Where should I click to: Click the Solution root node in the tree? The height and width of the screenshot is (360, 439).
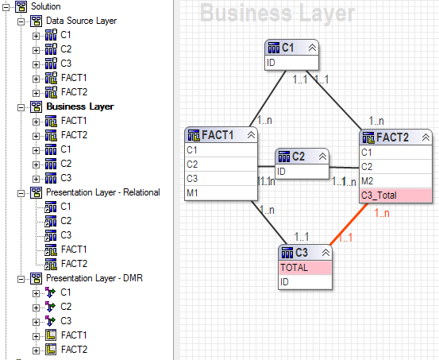tap(44, 6)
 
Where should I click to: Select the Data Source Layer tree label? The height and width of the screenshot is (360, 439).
tap(81, 21)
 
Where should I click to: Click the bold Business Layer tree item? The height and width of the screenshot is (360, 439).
tap(80, 106)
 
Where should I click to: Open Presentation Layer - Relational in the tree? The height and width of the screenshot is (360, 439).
tap(103, 192)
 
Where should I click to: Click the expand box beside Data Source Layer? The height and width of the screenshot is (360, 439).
tap(21, 21)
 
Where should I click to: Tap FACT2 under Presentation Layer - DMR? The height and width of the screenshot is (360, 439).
tap(73, 350)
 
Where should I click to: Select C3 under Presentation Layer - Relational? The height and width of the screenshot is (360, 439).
tap(66, 235)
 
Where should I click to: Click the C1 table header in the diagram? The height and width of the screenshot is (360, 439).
tap(286, 48)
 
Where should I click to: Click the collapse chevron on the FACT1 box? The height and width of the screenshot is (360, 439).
tap(252, 135)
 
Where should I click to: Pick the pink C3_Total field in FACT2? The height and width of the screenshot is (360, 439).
tap(395, 195)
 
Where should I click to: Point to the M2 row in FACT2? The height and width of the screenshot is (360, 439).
tap(395, 180)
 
